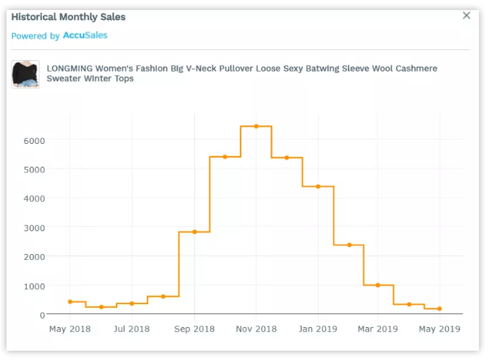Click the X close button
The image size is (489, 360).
(x=467, y=16)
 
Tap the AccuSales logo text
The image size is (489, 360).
(x=85, y=35)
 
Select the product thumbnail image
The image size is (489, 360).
(x=25, y=74)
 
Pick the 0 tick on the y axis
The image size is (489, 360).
(x=42, y=315)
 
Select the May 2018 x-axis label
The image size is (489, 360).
(x=70, y=329)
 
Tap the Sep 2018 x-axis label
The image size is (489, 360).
(x=194, y=329)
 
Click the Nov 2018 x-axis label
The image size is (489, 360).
(x=256, y=329)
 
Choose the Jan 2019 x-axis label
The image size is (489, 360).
(x=318, y=329)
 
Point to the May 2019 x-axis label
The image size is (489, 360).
(x=439, y=329)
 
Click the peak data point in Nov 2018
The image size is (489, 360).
(x=256, y=126)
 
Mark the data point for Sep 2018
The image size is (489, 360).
(x=194, y=232)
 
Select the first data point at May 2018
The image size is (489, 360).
(x=70, y=302)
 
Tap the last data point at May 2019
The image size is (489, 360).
(x=439, y=309)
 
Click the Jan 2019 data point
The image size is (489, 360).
(x=318, y=187)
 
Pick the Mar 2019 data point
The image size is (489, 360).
(x=378, y=286)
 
